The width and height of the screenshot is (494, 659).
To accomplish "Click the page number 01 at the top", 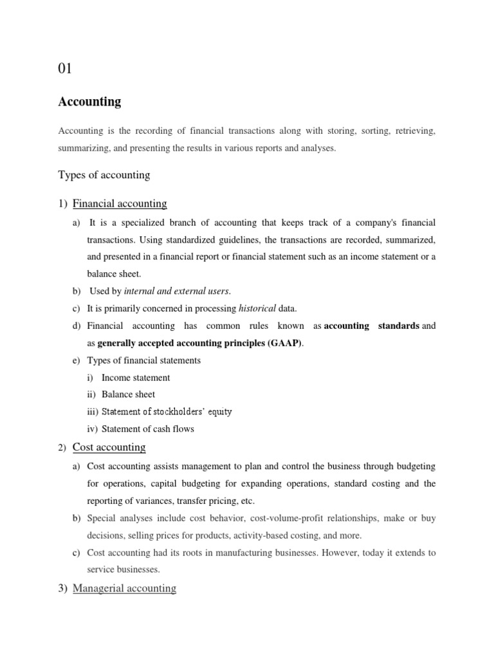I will tap(66, 69).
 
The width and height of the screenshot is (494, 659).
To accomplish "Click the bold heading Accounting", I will tap(89, 102).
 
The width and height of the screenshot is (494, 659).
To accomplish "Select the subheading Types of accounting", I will tap(104, 174).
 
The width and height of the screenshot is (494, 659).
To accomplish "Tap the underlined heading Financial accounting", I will tap(120, 204).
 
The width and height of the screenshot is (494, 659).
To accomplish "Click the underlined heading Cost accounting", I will tap(109, 447).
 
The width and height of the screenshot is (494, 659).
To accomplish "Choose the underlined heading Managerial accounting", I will tap(124, 588).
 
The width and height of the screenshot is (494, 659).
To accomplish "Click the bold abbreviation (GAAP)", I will tap(281, 343).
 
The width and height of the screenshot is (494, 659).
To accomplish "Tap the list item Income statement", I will tap(136, 378).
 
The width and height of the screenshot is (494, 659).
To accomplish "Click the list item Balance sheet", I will tap(128, 394).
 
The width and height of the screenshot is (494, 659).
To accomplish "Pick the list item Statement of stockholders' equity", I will tap(167, 412).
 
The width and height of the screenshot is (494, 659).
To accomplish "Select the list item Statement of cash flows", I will tap(147, 429).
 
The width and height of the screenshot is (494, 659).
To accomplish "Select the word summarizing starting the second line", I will tap(84, 148).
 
